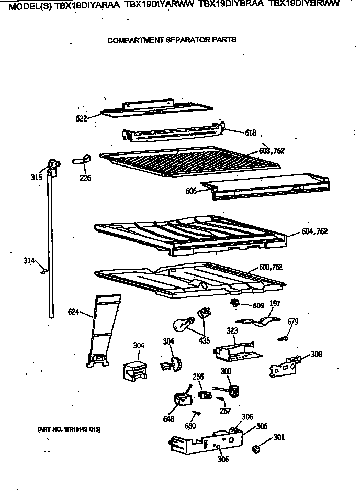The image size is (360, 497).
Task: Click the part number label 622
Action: click(81, 118)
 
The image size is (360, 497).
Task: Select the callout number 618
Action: click(251, 134)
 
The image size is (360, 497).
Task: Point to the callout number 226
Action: click(85, 178)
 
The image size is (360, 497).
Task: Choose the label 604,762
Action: click(314, 231)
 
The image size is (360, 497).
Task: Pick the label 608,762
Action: click(271, 267)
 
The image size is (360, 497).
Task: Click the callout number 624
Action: click(74, 313)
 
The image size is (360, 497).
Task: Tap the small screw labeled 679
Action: click(283, 339)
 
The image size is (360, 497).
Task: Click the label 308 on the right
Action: click(317, 354)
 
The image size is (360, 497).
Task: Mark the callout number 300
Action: click(226, 371)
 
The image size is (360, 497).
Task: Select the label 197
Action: click(275, 303)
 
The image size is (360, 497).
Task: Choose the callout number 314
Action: click(29, 260)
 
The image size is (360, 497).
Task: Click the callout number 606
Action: click(190, 191)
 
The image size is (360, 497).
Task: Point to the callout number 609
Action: click(258, 305)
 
